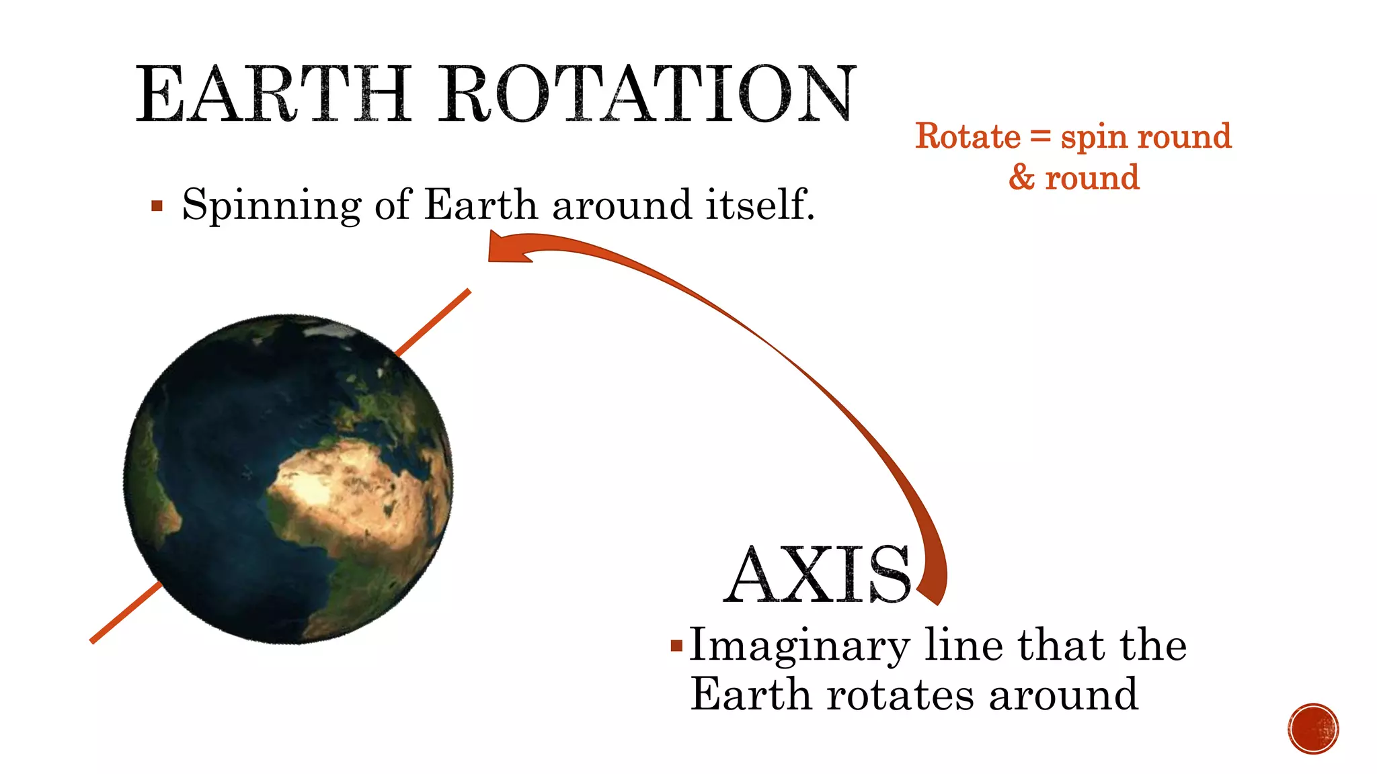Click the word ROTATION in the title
(x=647, y=94)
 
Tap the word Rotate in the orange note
(x=968, y=136)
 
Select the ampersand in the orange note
(x=1021, y=177)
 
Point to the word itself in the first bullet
(x=760, y=204)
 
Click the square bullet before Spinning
(x=157, y=206)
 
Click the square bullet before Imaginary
(x=676, y=646)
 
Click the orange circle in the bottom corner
(x=1313, y=728)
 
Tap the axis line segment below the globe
(x=125, y=613)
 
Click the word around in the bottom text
(x=1063, y=695)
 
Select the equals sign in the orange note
(x=1040, y=136)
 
